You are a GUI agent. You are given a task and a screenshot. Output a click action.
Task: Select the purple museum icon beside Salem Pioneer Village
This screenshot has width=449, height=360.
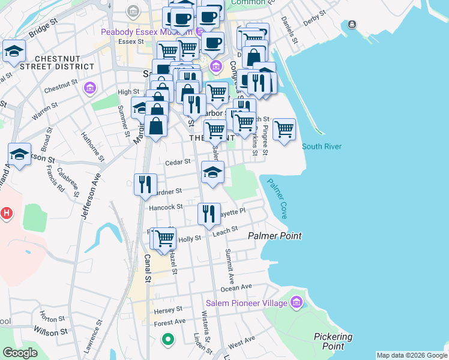pos(295,303)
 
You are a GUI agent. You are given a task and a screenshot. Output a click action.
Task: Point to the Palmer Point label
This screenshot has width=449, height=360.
pos(275,236)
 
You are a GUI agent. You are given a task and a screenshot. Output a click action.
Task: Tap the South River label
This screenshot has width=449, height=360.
pos(322,146)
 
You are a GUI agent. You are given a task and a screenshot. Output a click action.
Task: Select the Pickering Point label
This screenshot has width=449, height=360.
pos(333,341)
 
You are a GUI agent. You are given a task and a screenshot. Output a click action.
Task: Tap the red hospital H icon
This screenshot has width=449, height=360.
pos(7,212)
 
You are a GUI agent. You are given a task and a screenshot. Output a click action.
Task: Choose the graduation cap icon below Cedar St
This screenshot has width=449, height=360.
pos(212,172)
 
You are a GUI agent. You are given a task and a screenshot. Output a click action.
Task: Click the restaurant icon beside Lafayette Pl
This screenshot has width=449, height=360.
pos(208,214)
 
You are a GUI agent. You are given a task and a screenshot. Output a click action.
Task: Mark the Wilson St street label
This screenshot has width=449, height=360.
pos(50,331)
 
